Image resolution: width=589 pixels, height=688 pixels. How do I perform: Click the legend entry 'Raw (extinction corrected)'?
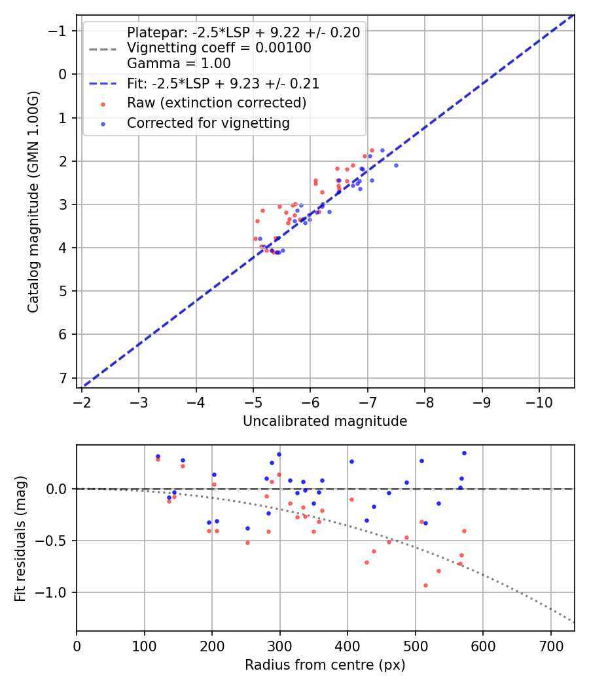(x=216, y=103)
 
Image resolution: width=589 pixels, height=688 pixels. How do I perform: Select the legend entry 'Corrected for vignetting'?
(x=207, y=123)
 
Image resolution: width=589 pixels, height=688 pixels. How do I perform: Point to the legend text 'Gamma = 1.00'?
(x=179, y=64)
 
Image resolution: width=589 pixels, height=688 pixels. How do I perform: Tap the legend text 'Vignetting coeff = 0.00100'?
(x=219, y=48)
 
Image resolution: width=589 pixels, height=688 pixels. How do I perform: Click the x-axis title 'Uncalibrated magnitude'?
(x=325, y=421)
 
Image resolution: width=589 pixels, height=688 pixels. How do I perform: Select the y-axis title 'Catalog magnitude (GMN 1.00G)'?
(x=33, y=202)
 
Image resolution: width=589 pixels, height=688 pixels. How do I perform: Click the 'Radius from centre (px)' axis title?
(x=325, y=665)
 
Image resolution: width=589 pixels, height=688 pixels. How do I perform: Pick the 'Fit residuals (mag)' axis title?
(x=20, y=539)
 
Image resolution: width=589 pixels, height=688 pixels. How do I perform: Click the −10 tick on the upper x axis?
(x=539, y=400)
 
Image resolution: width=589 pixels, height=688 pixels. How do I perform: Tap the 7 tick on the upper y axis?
(x=62, y=378)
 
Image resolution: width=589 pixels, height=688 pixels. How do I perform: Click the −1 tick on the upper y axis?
(x=58, y=31)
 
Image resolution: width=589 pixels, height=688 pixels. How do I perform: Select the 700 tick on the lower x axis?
(x=550, y=643)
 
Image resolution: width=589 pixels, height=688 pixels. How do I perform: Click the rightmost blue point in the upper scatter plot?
(x=396, y=165)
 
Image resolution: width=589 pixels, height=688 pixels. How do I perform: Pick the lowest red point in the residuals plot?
(x=425, y=585)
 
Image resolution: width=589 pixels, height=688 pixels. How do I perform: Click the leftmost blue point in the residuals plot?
(x=158, y=456)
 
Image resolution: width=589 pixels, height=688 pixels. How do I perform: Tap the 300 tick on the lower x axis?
(x=279, y=643)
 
